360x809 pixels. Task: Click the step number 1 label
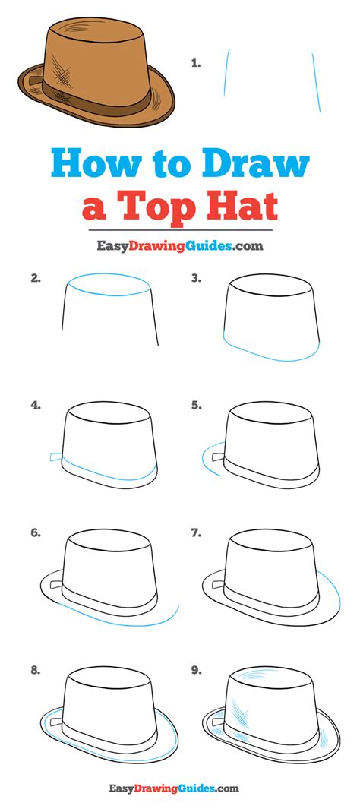pyautogui.click(x=195, y=64)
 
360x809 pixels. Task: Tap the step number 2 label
pyautogui.click(x=35, y=280)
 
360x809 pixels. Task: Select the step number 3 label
pyautogui.click(x=195, y=280)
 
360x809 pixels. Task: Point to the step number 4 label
pyautogui.click(x=35, y=406)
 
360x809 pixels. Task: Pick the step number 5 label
pyautogui.click(x=195, y=406)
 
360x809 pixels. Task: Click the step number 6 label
pyautogui.click(x=35, y=533)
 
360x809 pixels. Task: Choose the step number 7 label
pyautogui.click(x=195, y=533)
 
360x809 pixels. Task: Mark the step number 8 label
pyautogui.click(x=35, y=671)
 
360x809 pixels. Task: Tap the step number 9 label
pyautogui.click(x=195, y=671)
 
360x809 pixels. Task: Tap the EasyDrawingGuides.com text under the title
pyautogui.click(x=180, y=245)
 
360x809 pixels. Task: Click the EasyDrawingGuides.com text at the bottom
pyautogui.click(x=174, y=788)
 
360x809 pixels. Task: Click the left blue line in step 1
pyautogui.click(x=226, y=72)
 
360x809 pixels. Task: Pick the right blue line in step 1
pyautogui.click(x=316, y=83)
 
